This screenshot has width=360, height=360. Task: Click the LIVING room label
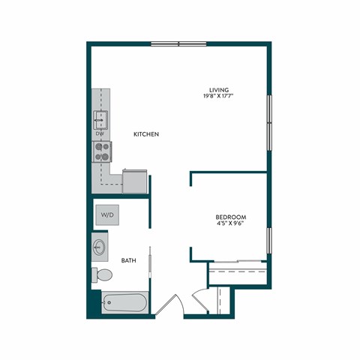click(x=219, y=89)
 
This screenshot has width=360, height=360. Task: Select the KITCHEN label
click(x=146, y=134)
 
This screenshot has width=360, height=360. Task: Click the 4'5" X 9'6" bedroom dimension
click(x=231, y=223)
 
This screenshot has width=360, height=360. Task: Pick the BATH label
click(x=128, y=261)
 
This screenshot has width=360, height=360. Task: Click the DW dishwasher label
click(x=100, y=133)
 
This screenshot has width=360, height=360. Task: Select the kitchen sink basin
click(x=100, y=118)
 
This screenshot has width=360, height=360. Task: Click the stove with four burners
click(x=101, y=151)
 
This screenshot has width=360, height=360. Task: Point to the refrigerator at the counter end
click(x=135, y=181)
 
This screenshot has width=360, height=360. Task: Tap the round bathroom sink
click(x=100, y=246)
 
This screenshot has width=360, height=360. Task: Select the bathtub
click(x=124, y=302)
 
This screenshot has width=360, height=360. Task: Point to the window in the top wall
click(x=178, y=43)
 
